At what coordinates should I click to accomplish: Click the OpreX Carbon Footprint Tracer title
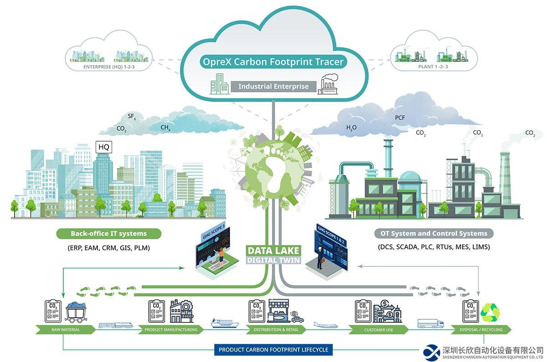tap(273, 62)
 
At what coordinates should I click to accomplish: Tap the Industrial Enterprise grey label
tap(273, 87)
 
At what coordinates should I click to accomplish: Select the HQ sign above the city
tap(104, 147)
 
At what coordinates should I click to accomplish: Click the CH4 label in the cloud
tap(165, 128)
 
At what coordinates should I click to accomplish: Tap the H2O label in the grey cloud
tap(351, 128)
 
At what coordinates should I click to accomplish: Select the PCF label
tap(400, 118)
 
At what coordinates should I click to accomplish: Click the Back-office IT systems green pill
tap(108, 234)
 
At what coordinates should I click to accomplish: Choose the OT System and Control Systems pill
tap(433, 234)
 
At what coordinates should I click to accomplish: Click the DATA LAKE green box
tap(273, 250)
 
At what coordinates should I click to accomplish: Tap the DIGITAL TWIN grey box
tap(273, 260)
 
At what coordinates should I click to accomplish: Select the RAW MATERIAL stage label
tap(66, 330)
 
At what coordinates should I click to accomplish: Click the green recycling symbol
tap(491, 311)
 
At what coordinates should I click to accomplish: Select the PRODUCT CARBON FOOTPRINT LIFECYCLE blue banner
tap(273, 350)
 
